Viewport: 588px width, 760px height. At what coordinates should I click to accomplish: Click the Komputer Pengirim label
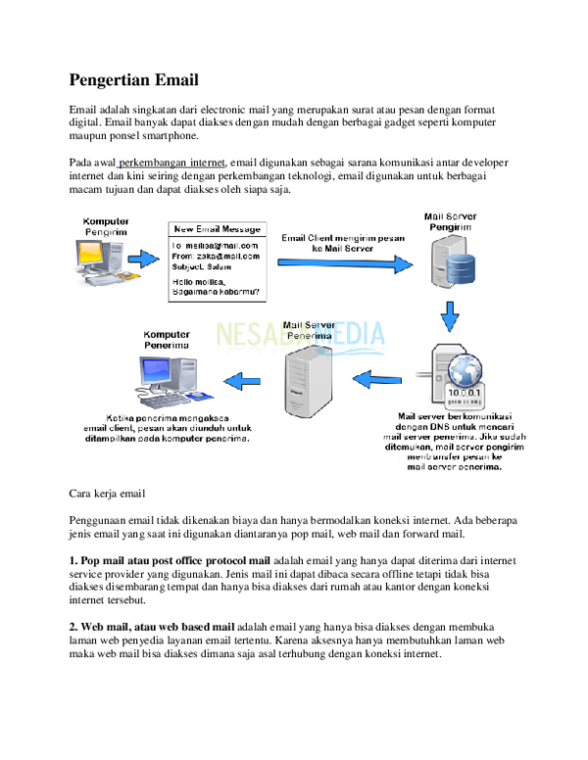[x=105, y=227]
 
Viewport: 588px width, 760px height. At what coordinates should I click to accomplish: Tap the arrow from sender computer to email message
[x=143, y=260]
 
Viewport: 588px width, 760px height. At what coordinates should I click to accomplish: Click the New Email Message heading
[x=218, y=229]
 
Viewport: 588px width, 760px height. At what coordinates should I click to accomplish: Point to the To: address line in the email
[x=215, y=245]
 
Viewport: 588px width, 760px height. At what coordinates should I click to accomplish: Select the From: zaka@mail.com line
[x=215, y=257]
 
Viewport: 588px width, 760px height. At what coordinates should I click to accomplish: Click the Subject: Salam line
[x=208, y=267]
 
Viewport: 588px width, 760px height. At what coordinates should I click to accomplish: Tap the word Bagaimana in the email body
[x=196, y=291]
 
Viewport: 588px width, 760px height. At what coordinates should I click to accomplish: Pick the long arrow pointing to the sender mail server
[x=344, y=262]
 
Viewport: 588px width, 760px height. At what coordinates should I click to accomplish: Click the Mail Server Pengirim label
[x=449, y=220]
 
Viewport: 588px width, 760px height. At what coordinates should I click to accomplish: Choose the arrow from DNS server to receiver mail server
[x=377, y=377]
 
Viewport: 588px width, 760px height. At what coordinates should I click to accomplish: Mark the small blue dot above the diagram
[x=117, y=168]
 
